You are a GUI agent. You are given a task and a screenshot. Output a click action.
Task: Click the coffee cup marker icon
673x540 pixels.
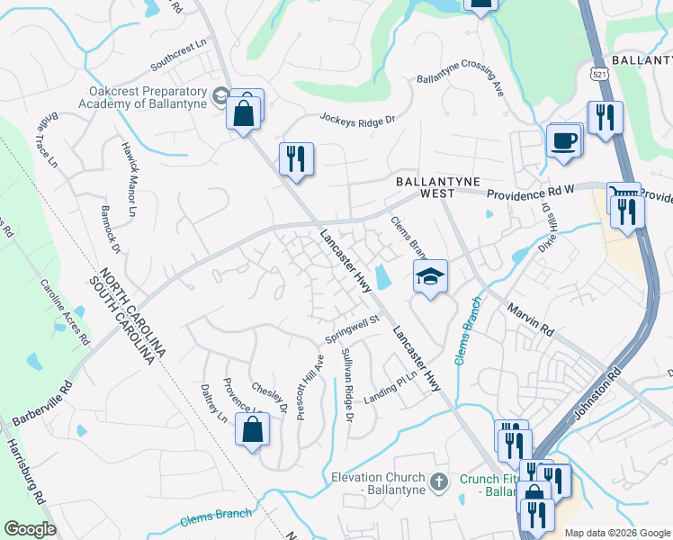(x=564, y=141)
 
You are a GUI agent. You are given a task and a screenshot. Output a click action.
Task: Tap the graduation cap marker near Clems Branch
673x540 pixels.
(x=431, y=276)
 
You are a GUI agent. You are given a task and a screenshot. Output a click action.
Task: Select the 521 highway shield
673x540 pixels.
(x=601, y=76)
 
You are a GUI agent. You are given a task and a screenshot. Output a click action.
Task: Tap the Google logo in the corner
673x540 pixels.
(x=30, y=529)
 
